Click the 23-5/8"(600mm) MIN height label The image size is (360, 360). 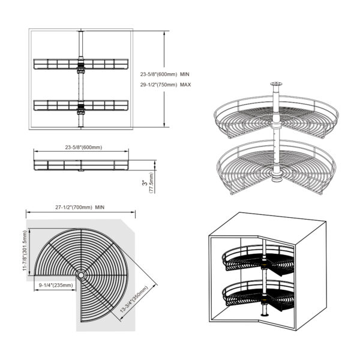[165, 74]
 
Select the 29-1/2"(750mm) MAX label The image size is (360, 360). [166, 85]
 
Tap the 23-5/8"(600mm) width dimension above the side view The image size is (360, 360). [83, 148]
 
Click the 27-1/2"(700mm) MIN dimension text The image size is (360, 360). [80, 208]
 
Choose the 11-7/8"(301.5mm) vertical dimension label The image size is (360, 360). [25, 251]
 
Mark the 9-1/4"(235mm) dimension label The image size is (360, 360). [56, 285]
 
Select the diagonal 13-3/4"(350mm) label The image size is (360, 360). [134, 299]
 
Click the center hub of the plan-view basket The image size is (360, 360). [81, 275]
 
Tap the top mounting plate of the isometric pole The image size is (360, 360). [276, 83]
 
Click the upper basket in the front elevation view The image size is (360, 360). [81, 64]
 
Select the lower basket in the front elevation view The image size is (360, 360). [81, 106]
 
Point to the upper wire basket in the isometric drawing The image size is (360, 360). [276, 117]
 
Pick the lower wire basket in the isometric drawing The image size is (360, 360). [276, 166]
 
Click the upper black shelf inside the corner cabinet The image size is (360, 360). [258, 260]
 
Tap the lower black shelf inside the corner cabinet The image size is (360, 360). [258, 295]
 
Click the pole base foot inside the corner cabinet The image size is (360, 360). [265, 314]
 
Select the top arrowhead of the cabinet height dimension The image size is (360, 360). [164, 33]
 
